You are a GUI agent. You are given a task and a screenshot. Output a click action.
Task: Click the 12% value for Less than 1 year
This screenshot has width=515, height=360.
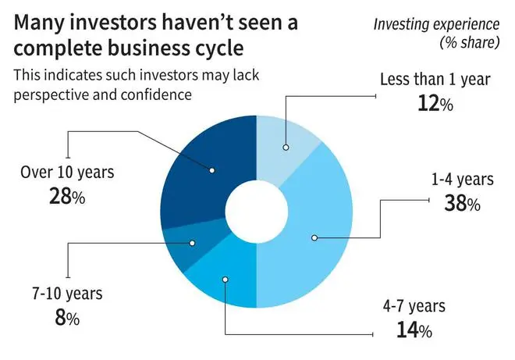coord(435,104)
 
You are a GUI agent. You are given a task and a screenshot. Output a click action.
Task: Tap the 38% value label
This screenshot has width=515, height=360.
coord(462,203)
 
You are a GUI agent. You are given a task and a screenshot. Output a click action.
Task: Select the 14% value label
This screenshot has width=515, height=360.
coord(414,330)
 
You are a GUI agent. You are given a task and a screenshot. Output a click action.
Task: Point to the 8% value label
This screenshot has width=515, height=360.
coord(67,318)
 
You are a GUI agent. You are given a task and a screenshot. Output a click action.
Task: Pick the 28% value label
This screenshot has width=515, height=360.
coord(67,196)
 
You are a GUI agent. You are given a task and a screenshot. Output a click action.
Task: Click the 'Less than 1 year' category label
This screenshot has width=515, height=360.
coord(435,80)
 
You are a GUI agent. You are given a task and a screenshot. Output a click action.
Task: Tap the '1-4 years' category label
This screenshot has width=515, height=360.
coord(462,180)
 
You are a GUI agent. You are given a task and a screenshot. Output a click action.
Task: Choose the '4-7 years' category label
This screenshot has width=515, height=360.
coord(414,306)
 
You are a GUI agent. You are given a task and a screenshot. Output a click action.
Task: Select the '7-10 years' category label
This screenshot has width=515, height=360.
coord(67,294)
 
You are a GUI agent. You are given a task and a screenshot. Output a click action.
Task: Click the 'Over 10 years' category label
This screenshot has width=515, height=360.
coord(67,173)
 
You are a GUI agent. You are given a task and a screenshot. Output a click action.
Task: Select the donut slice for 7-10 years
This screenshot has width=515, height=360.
coord(190,245)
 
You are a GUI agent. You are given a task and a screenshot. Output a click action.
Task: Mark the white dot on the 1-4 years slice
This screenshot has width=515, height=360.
coord(314,237)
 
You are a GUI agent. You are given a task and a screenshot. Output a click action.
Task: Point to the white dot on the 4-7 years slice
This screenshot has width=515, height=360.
coord(225,280)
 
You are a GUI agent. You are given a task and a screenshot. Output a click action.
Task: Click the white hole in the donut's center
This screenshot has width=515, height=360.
coord(257,212)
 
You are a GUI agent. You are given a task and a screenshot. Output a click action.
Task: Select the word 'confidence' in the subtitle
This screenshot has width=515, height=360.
coord(156,94)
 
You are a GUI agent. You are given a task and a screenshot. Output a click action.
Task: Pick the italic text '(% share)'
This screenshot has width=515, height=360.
coord(469,42)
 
